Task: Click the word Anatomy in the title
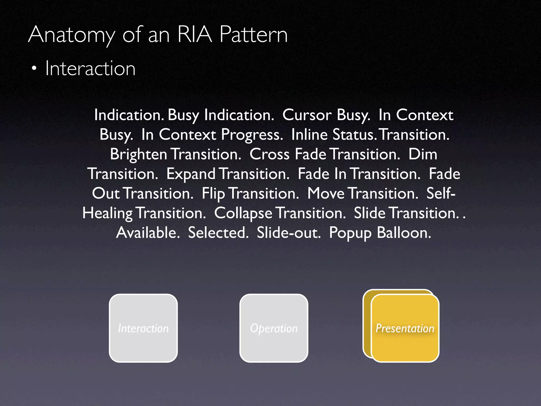[71, 35]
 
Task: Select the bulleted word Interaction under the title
[90, 68]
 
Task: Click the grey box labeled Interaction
[143, 328]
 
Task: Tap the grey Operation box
[274, 328]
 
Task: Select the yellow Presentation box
[405, 328]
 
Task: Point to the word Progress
[252, 135]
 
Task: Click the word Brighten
[138, 154]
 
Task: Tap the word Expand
[191, 174]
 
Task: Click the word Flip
[213, 194]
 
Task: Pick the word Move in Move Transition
[326, 194]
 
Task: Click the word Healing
[107, 213]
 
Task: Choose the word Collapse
[243, 213]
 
